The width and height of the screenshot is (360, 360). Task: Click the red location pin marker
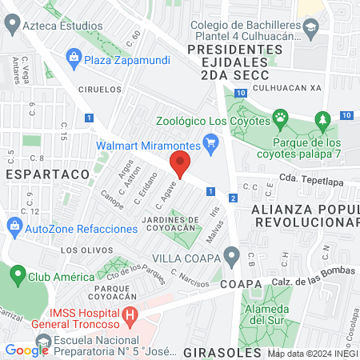[180, 163]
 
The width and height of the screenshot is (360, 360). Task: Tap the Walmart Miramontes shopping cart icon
[211, 145]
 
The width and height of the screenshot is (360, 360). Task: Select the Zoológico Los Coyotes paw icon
[281, 121]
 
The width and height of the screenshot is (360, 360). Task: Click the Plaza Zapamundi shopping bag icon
[74, 57]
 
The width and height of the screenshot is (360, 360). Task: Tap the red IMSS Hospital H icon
[130, 318]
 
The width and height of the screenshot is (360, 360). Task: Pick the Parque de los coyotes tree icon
[322, 121]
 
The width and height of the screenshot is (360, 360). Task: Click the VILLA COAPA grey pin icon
[232, 258]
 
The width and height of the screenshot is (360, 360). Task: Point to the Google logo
[26, 350]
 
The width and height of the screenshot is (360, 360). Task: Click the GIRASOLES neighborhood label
[222, 351]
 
